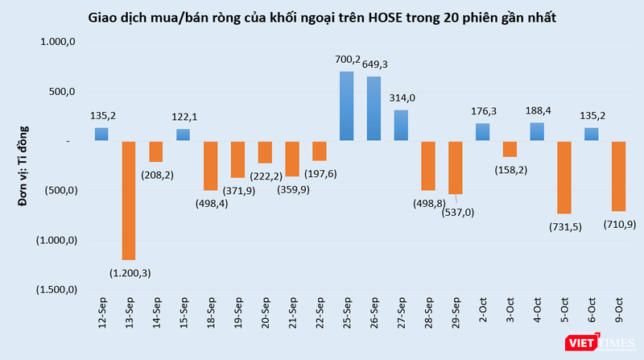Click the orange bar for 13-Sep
point(129,201)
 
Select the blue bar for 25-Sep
point(346,106)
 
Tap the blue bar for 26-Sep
point(374,109)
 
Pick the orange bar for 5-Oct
point(563,177)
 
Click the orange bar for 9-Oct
point(618,176)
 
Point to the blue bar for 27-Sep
point(401,126)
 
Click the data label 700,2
point(346,59)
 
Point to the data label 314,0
point(401,97)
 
